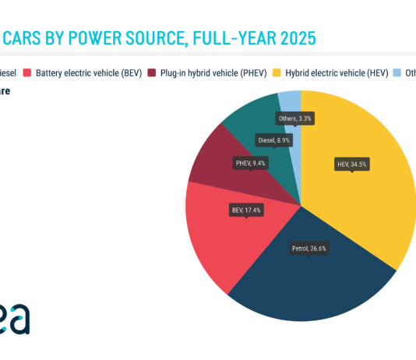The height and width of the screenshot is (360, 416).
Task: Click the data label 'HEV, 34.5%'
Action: pyautogui.click(x=351, y=164)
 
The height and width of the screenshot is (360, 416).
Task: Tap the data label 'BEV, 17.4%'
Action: pyautogui.click(x=246, y=210)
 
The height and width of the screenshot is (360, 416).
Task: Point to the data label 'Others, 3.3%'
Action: pyautogui.click(x=295, y=118)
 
